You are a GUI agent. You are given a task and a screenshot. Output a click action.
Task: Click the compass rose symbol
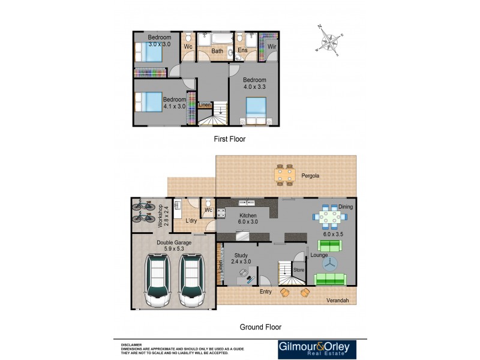coord(329,41)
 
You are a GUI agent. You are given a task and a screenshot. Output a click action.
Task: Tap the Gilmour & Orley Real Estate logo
coord(317,349)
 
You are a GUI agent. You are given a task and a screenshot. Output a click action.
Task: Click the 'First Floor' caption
coord(230,139)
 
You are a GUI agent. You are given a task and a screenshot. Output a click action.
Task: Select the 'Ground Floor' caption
coord(260,327)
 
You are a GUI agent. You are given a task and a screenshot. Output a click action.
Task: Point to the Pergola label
coord(327,176)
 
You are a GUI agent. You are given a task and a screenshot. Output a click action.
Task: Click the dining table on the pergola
coord(285,175)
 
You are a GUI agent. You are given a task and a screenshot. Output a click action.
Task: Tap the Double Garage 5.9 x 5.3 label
coord(174,246)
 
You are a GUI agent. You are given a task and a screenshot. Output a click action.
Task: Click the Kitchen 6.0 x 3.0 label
coord(248,218)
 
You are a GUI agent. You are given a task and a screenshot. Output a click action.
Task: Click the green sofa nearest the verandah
coord(329,279)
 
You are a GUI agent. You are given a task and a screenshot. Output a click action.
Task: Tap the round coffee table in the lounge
coord(329,263)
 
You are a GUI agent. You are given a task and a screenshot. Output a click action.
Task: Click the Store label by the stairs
coord(299,270)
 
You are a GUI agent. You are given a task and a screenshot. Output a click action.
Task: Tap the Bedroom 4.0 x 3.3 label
coord(254,83)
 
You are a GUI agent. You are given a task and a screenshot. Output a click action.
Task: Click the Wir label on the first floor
coord(272,46)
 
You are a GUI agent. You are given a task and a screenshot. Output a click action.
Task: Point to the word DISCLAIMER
coord(131,345)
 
